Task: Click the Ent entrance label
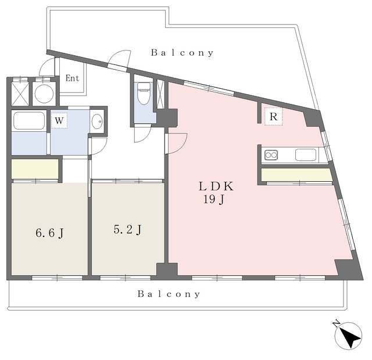(x=72, y=78)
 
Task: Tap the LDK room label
(x=216, y=186)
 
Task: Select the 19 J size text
(x=213, y=200)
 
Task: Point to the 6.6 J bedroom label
(x=49, y=233)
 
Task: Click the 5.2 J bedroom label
(x=128, y=229)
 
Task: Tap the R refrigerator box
(x=274, y=117)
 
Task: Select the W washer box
(x=59, y=121)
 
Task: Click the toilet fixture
(x=144, y=93)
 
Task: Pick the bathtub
(x=29, y=121)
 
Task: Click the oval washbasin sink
(x=97, y=121)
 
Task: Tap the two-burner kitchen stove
(x=271, y=155)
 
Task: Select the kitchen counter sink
(x=306, y=155)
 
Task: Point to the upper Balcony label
(x=182, y=53)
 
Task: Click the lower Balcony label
(x=169, y=294)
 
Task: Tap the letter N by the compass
(x=336, y=323)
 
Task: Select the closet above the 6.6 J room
(x=35, y=169)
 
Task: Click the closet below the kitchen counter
(x=296, y=175)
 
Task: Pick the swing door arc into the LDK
(x=180, y=145)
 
